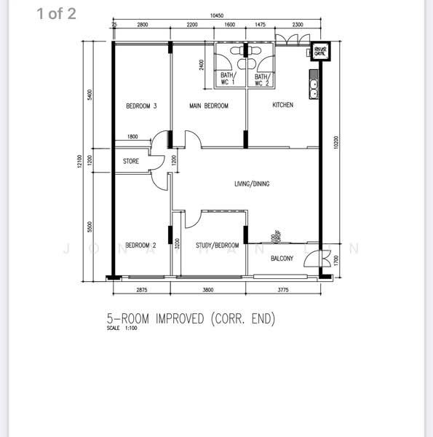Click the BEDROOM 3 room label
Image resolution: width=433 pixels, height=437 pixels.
pyautogui.click(x=141, y=106)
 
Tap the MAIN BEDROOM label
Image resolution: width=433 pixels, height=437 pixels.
pyautogui.click(x=209, y=106)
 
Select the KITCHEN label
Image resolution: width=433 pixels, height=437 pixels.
pyautogui.click(x=283, y=105)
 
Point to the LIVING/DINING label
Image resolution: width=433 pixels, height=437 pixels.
pyautogui.click(x=252, y=184)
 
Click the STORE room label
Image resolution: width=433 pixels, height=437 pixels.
pyautogui.click(x=131, y=161)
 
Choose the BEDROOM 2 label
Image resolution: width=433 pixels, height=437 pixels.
pyautogui.click(x=141, y=245)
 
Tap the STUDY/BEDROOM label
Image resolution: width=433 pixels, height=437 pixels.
pyautogui.click(x=217, y=245)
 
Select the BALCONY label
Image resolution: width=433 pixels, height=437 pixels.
pyautogui.click(x=282, y=259)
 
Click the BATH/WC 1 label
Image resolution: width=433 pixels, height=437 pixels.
pyautogui.click(x=228, y=79)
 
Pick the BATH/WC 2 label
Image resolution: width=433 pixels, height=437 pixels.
pyautogui.click(x=261, y=79)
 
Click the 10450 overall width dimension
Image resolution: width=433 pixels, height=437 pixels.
pyautogui.click(x=216, y=15)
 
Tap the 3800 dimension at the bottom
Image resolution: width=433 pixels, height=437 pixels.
pyautogui.click(x=208, y=290)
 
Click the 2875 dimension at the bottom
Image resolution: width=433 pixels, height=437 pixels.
pyautogui.click(x=141, y=290)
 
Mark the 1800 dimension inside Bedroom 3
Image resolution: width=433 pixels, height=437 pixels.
pyautogui.click(x=132, y=137)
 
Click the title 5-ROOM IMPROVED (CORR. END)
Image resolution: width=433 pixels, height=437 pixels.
pyautogui.click(x=191, y=319)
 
